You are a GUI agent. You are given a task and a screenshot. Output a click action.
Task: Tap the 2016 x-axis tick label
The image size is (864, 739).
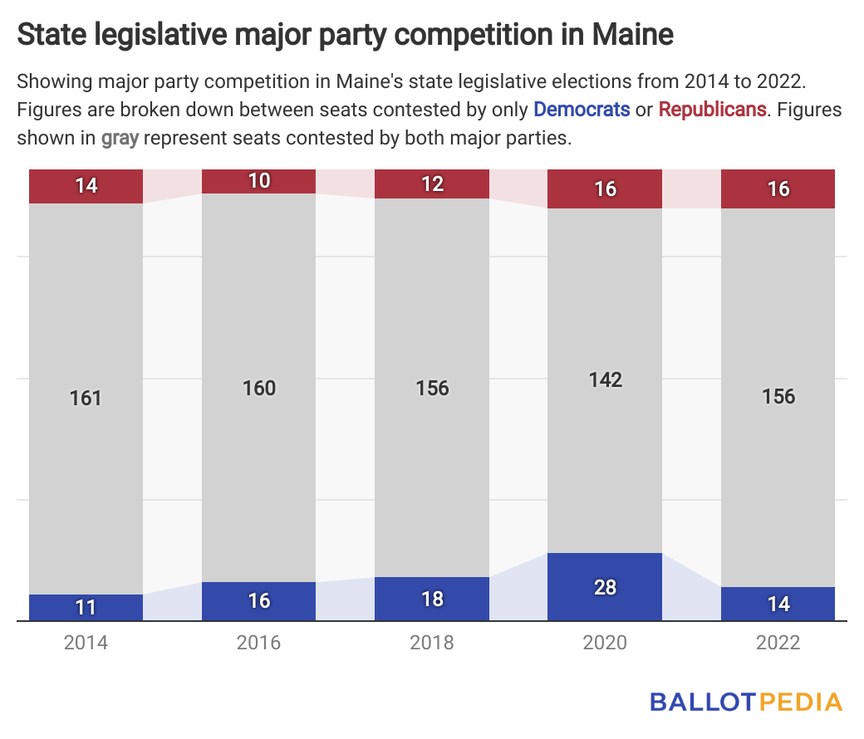pyautogui.click(x=259, y=644)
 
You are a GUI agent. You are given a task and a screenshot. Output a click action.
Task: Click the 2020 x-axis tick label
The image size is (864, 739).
pyautogui.click(x=605, y=644)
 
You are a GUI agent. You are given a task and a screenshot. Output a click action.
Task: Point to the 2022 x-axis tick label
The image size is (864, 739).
pyautogui.click(x=778, y=644)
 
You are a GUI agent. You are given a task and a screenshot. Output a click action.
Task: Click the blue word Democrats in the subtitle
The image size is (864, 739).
pyautogui.click(x=581, y=109)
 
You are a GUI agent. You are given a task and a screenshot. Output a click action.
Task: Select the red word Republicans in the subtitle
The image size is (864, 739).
pyautogui.click(x=712, y=109)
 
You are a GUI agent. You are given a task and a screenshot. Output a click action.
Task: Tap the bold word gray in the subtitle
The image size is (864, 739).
pyautogui.click(x=120, y=138)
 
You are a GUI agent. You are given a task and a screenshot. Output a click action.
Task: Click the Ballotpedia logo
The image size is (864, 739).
pyautogui.click(x=745, y=702)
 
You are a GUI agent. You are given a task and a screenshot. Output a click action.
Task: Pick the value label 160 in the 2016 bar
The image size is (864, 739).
pyautogui.click(x=259, y=388)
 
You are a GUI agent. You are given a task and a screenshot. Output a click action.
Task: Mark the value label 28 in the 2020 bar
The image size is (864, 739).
pyautogui.click(x=605, y=587)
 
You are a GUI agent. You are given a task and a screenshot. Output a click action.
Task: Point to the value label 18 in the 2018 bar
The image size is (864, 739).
pyautogui.click(x=432, y=599)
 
